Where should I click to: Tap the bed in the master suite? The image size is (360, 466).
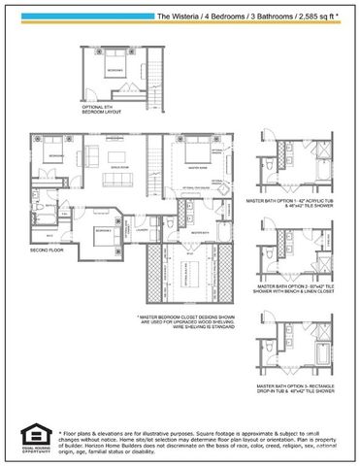[x=188, y=154]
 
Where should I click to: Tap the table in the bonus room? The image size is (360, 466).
[x=117, y=157]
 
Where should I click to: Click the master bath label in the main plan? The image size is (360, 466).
[x=198, y=234]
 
